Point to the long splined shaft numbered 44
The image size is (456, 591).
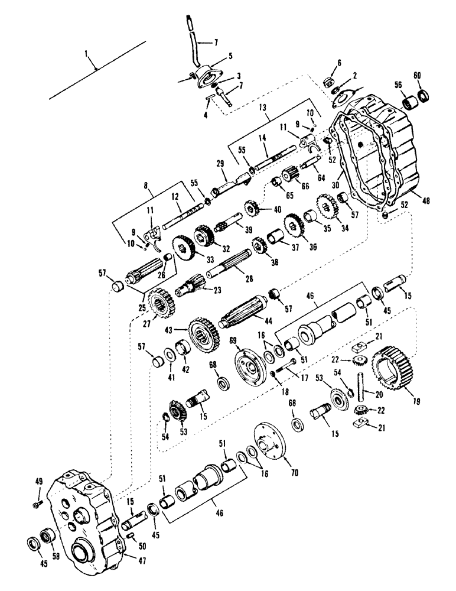click(x=244, y=315)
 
